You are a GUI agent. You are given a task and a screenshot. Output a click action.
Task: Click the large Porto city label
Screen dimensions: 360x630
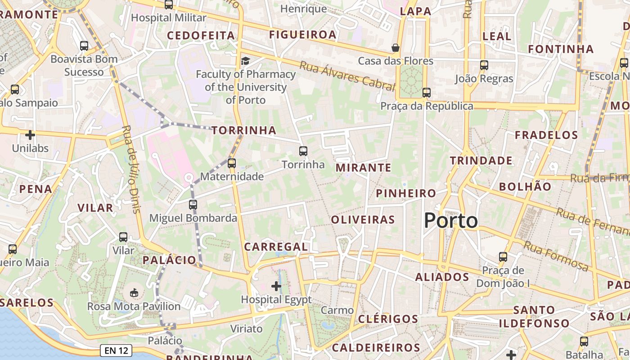click(451, 220)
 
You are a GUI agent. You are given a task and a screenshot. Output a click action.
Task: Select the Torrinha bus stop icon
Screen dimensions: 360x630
click(303, 151)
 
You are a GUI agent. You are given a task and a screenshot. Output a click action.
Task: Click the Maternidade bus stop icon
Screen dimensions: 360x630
click(232, 163)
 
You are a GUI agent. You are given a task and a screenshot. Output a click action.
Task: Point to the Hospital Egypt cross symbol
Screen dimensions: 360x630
click(276, 286)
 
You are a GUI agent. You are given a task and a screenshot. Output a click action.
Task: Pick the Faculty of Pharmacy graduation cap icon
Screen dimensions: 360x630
click(245, 61)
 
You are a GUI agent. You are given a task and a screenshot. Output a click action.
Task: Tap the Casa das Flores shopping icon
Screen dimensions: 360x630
click(396, 48)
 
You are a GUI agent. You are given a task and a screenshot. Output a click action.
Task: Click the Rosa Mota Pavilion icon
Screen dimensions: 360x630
click(134, 293)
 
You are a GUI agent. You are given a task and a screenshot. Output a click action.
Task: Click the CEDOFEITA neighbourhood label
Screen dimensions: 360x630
click(201, 36)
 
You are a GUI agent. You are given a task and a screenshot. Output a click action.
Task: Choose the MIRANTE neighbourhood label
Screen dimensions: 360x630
click(364, 168)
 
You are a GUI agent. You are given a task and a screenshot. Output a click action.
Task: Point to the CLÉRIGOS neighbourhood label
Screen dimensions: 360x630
click(388, 319)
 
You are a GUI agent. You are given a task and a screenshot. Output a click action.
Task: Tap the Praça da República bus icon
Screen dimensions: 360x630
click(426, 93)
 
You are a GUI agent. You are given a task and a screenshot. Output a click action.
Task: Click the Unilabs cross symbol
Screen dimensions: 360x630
click(30, 135)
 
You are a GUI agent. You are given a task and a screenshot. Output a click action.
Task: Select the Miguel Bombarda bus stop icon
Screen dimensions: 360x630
click(193, 205)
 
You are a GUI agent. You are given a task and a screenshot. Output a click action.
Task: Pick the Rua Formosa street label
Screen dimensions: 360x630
click(556, 256)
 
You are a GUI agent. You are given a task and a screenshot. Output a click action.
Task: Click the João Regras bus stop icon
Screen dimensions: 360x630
click(484, 65)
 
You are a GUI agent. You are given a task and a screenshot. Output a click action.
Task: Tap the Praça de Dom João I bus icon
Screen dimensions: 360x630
click(503, 257)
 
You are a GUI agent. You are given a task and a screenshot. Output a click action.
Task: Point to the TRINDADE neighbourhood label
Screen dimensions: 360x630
click(481, 161)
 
